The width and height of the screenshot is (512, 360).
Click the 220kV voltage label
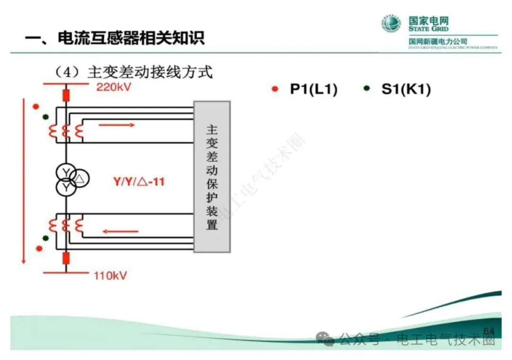tap(114, 87)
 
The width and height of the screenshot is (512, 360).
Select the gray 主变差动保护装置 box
tap(211, 176)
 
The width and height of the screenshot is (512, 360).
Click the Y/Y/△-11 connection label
tap(139, 180)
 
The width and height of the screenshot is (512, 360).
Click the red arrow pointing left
tap(120, 232)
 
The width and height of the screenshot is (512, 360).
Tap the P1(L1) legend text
tap(313, 89)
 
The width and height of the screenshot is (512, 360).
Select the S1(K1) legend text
tap(406, 89)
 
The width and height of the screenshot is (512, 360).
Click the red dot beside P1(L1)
tap(275, 89)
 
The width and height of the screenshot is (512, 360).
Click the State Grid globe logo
tap(392, 24)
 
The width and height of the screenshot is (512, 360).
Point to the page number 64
tap(488, 331)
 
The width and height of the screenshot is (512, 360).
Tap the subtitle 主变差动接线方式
tap(150, 72)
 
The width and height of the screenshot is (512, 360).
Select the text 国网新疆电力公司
tap(438, 42)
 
